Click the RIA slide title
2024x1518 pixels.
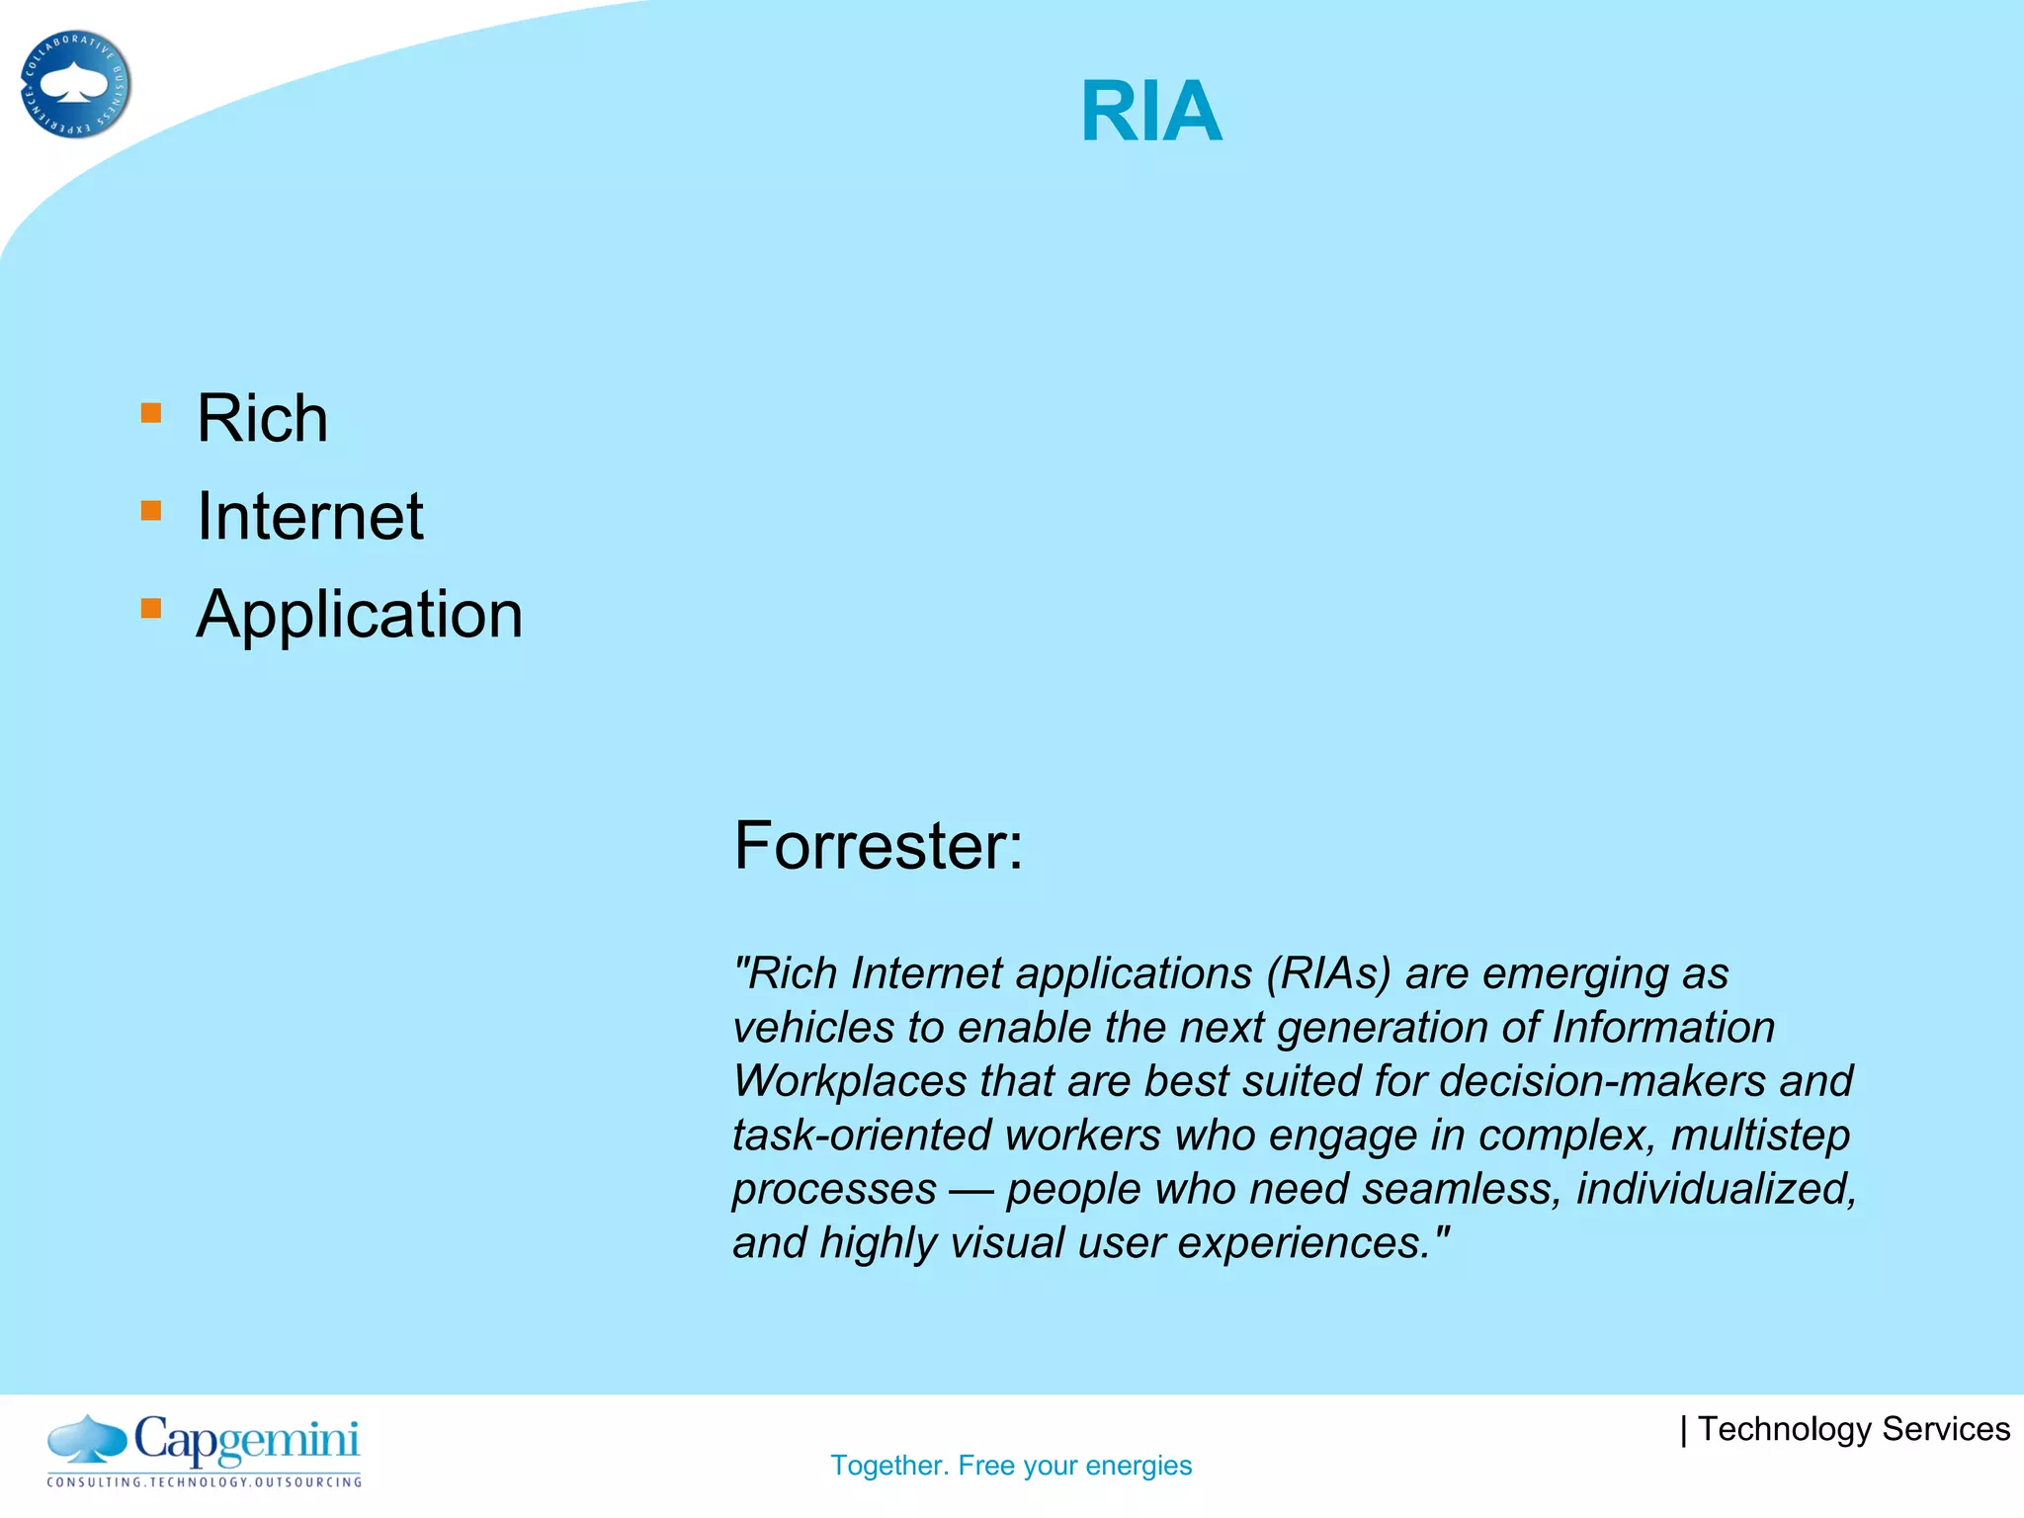1151,112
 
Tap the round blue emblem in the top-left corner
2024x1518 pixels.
75,84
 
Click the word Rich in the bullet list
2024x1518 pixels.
262,418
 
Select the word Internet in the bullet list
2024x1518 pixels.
309,516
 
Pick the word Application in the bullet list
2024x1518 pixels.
360,614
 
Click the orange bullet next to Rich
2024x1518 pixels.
151,413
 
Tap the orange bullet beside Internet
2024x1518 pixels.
151,511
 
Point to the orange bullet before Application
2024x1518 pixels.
151,609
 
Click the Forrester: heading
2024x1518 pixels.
878,846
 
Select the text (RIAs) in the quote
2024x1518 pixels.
1328,973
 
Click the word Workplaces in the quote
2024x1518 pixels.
849,1081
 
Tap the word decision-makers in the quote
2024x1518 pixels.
1602,1081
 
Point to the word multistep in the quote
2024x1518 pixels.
1760,1136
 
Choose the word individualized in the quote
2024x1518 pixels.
1715,1189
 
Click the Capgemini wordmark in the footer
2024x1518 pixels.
246,1440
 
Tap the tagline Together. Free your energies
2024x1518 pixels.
1011,1466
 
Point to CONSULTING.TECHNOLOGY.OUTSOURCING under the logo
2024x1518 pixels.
205,1482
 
